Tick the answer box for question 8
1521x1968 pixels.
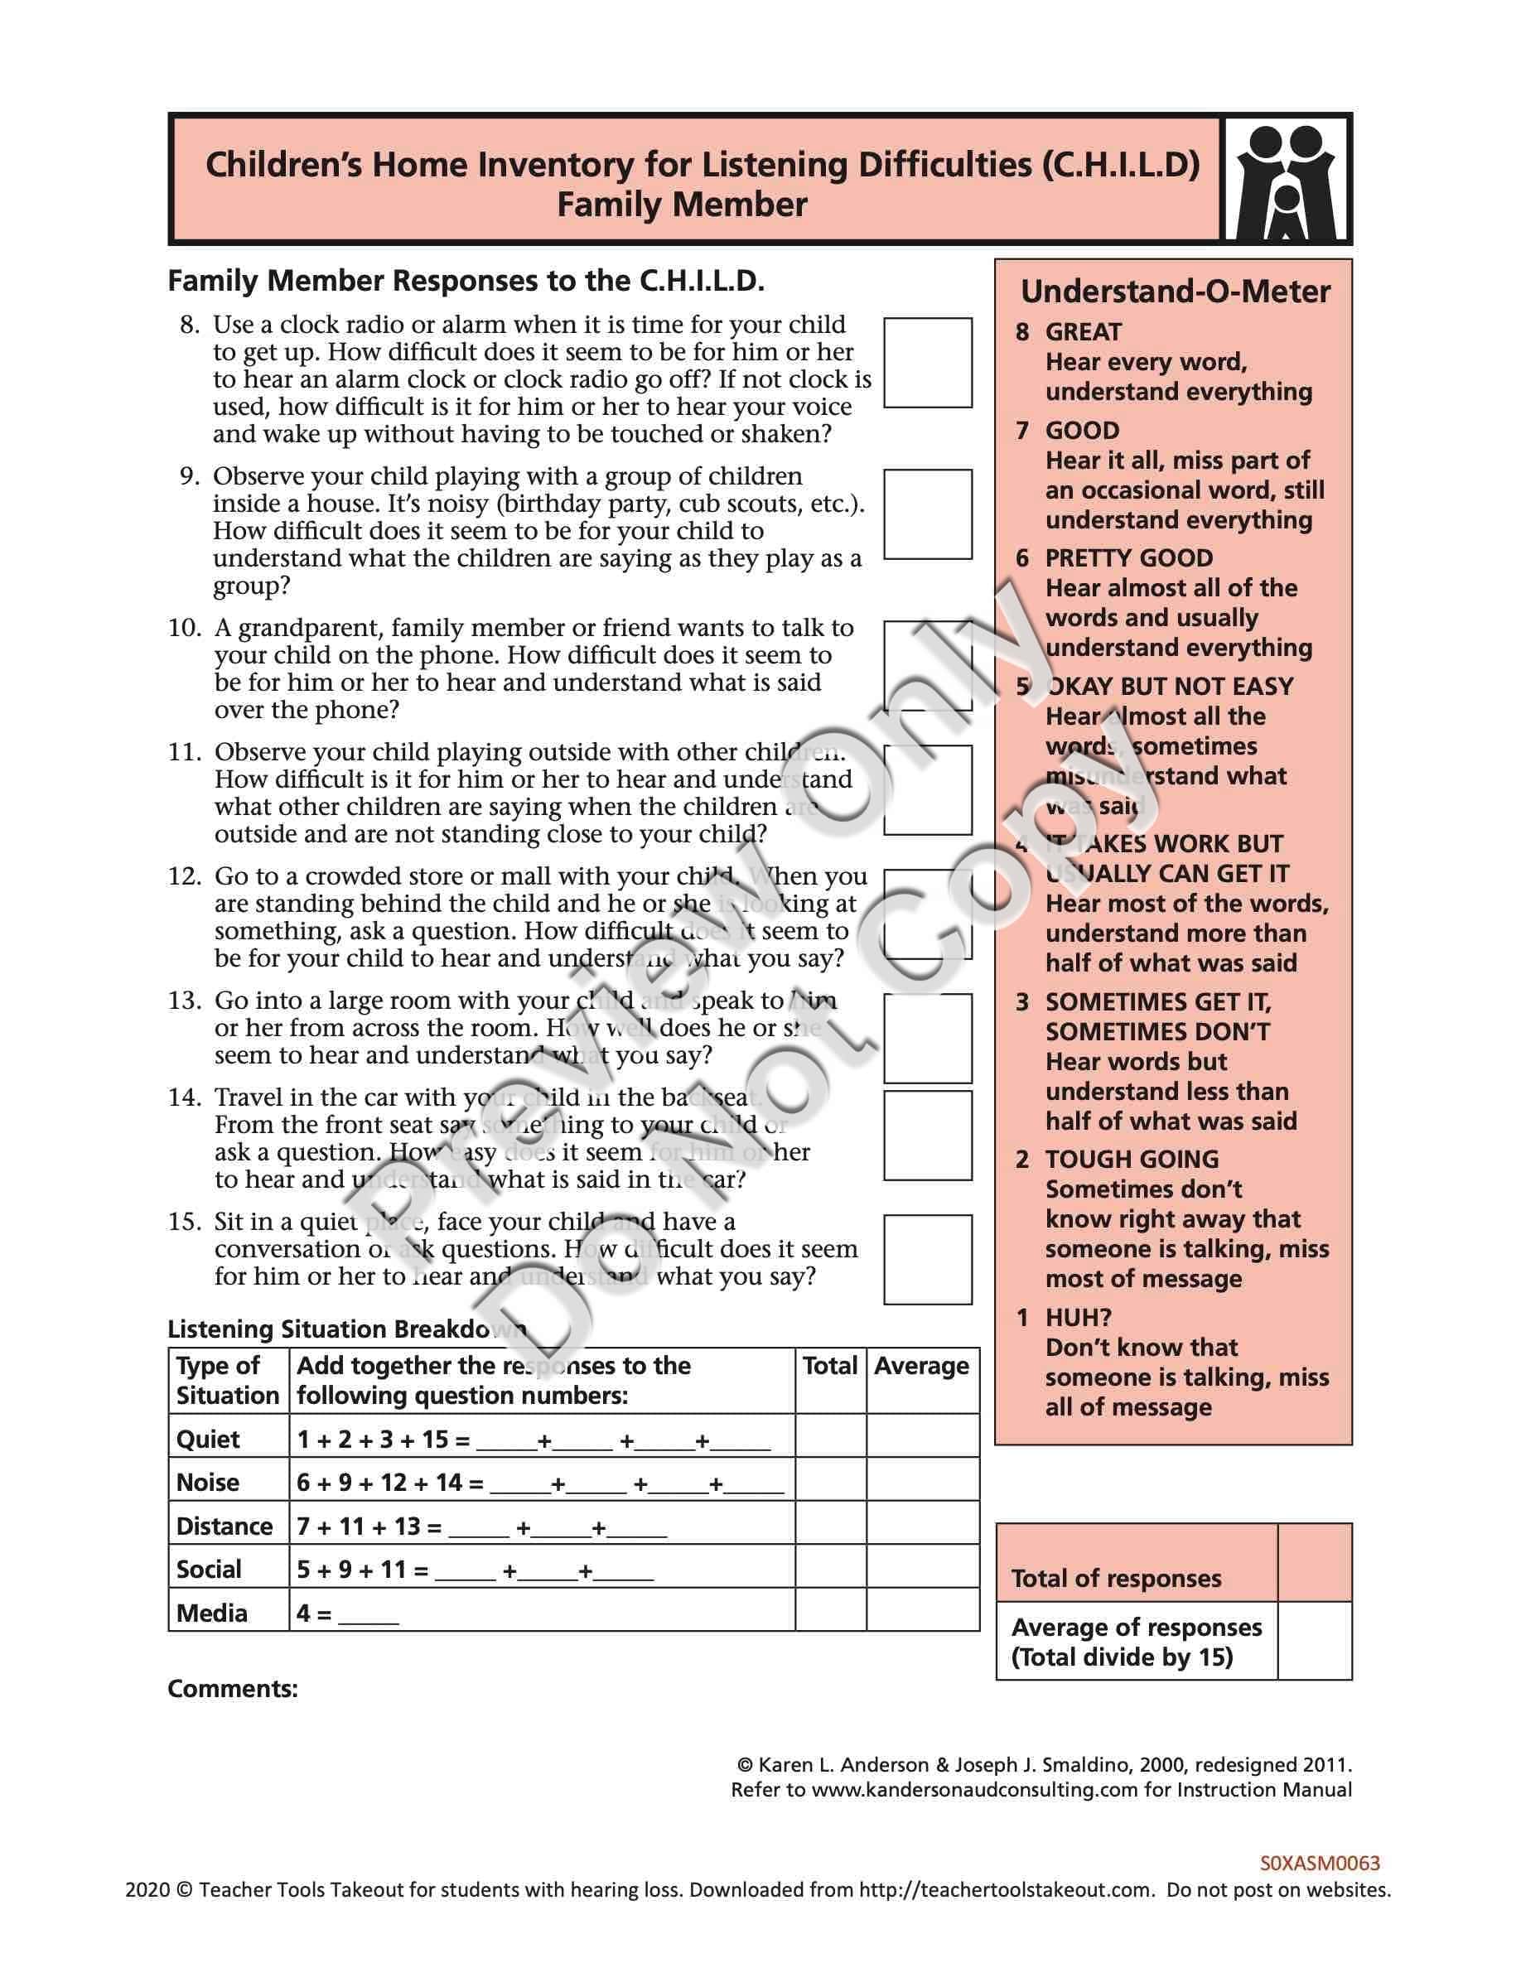(x=927, y=362)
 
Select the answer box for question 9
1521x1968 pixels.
(x=927, y=514)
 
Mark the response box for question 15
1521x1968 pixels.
(x=927, y=1259)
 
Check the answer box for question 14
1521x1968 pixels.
(x=927, y=1135)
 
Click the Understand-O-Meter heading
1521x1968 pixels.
(x=1174, y=292)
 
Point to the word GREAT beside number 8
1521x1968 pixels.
(x=1083, y=332)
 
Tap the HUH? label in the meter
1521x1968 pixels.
(x=1078, y=1318)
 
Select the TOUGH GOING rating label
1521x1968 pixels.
(x=1131, y=1159)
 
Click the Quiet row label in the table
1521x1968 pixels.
(x=208, y=1439)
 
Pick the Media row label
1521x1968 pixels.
(x=212, y=1613)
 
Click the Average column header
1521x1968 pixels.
(x=921, y=1366)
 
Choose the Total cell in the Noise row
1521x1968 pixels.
(x=830, y=1483)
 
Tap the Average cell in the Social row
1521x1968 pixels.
(x=922, y=1569)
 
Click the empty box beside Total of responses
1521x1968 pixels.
(x=1314, y=1561)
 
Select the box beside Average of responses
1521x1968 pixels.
(x=1314, y=1640)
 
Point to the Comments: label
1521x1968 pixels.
(x=233, y=1689)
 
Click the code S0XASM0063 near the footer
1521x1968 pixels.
(x=1319, y=1864)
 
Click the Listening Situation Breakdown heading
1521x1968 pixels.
(x=347, y=1329)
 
